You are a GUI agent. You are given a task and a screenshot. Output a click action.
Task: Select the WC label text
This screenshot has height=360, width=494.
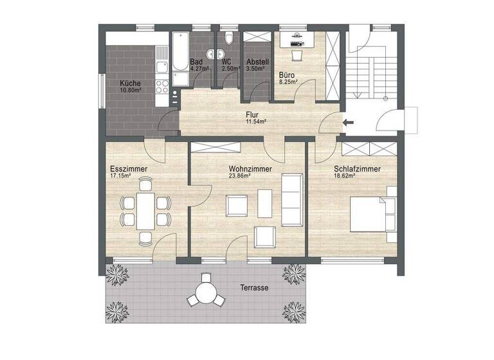[x=226, y=62]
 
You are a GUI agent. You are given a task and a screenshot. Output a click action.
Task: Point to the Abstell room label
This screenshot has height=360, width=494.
[x=257, y=62]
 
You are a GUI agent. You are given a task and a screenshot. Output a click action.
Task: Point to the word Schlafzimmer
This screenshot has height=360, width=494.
[x=356, y=169]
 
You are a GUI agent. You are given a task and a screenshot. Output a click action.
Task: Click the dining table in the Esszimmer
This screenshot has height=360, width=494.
[x=146, y=212]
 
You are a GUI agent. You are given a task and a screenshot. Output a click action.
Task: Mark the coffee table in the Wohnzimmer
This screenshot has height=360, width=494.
[x=264, y=204]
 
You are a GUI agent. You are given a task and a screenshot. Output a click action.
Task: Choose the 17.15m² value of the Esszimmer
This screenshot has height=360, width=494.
[x=120, y=175]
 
